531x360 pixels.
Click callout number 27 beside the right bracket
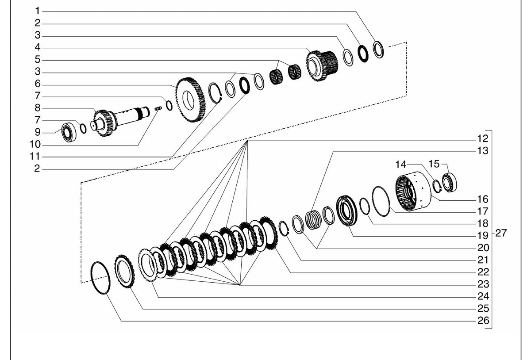pyautogui.click(x=501, y=233)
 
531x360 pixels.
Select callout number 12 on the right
pyautogui.click(x=483, y=138)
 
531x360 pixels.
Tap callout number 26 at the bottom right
pyautogui.click(x=483, y=321)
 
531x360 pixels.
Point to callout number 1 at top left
pyautogui.click(x=38, y=11)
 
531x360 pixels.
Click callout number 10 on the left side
pyautogui.click(x=35, y=144)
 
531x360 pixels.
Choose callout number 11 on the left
pyautogui.click(x=35, y=157)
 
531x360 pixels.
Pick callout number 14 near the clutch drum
pyautogui.click(x=401, y=164)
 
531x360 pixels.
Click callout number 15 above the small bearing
pyautogui.click(x=434, y=164)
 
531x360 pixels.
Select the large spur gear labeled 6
pyautogui.click(x=190, y=100)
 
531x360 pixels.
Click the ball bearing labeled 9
pyautogui.click(x=69, y=133)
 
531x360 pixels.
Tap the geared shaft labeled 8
pyautogui.click(x=121, y=121)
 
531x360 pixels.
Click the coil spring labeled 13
pyautogui.click(x=313, y=220)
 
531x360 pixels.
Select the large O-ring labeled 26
pyautogui.click(x=100, y=278)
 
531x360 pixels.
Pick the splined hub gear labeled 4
pyautogui.click(x=322, y=65)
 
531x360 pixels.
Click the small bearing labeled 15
pyautogui.click(x=450, y=183)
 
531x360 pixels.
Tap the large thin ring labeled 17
pyautogui.click(x=381, y=201)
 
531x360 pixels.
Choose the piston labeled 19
pyautogui.click(x=346, y=211)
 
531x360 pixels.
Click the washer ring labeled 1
pyautogui.click(x=378, y=50)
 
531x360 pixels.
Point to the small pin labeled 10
pyautogui.click(x=158, y=108)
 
